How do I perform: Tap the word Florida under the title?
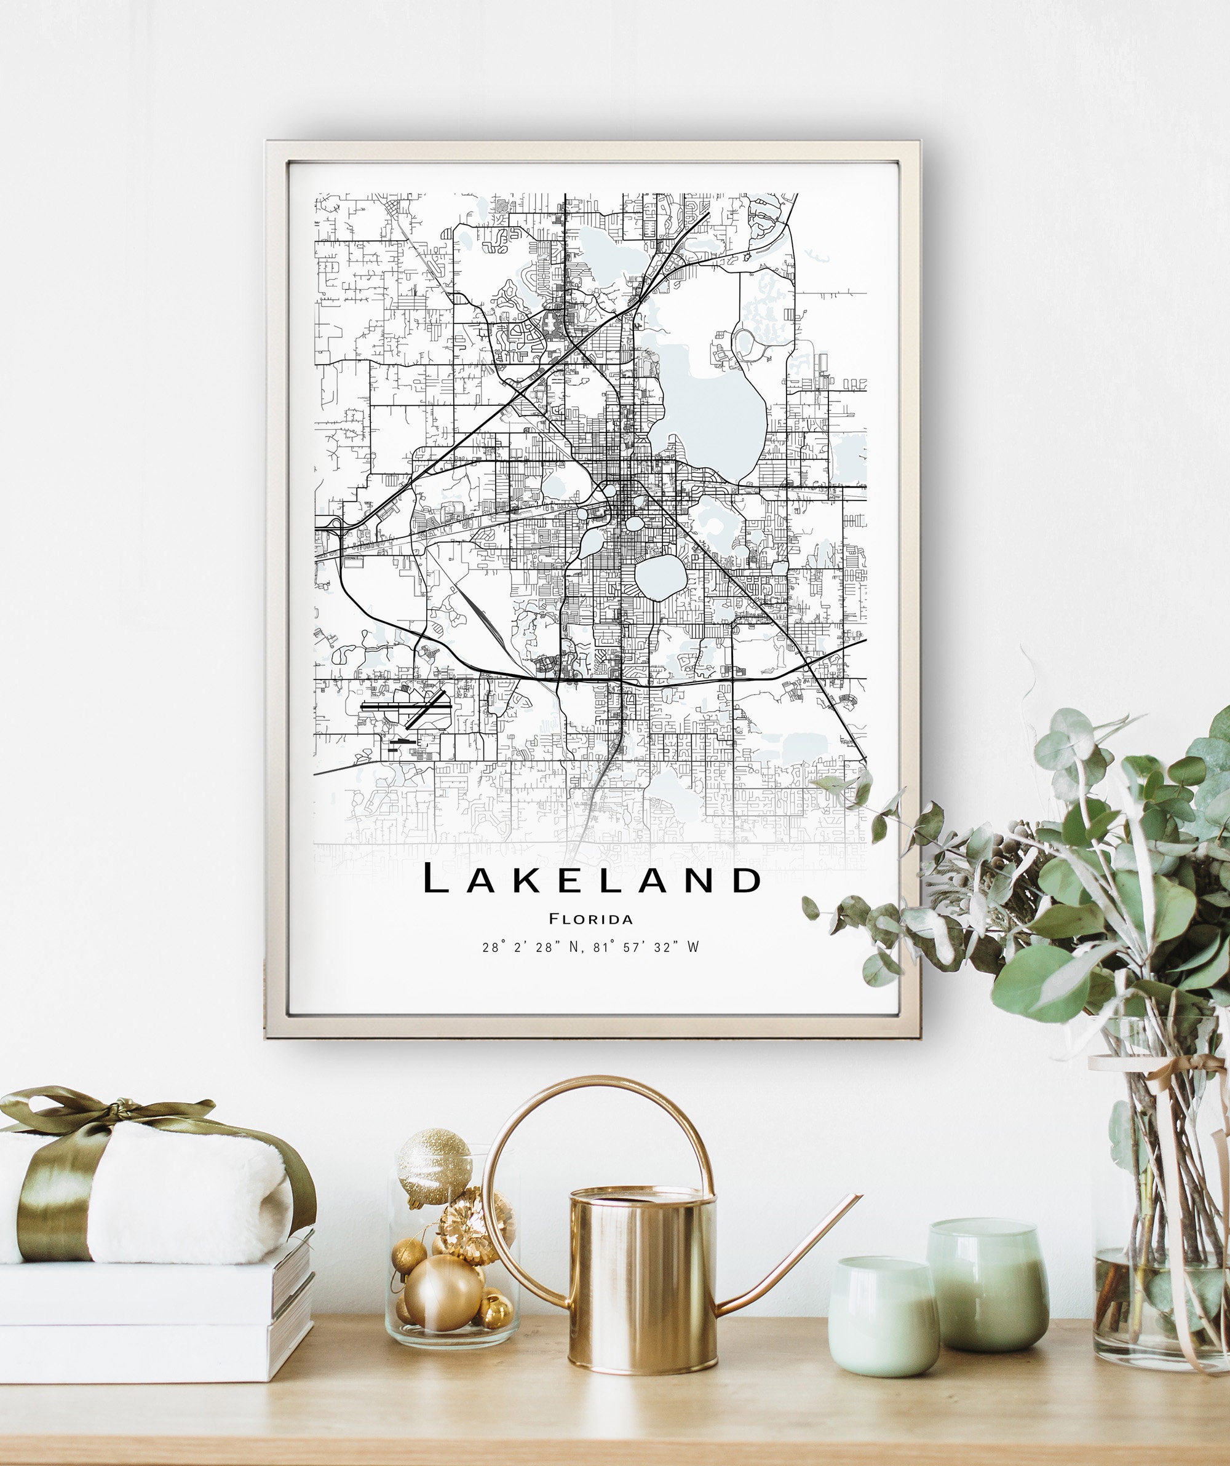[591, 919]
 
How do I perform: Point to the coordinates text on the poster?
[590, 948]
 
